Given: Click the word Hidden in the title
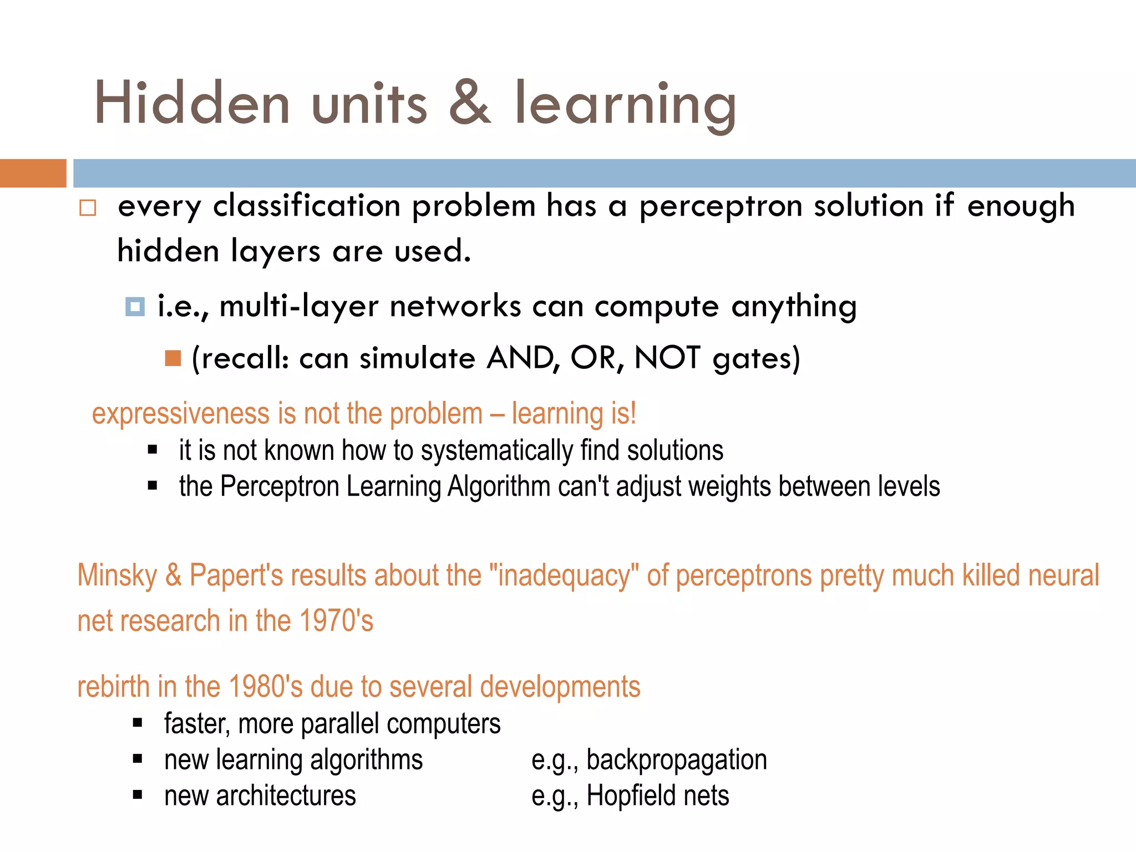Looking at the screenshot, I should [192, 103].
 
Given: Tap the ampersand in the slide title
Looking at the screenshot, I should [470, 103].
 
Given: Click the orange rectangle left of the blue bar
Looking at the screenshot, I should [33, 173].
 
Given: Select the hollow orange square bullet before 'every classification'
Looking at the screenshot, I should [88, 208].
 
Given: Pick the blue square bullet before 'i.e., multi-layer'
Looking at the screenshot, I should [135, 306].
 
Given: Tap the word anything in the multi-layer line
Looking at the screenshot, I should [794, 307].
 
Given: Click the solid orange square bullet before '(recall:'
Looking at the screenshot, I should [173, 358].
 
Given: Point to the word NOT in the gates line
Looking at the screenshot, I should [667, 358].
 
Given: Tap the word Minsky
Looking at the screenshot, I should [117, 575].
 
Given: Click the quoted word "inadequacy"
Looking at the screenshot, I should [564, 575].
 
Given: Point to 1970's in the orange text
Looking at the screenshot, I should [336, 621].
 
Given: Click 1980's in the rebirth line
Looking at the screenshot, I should [265, 687].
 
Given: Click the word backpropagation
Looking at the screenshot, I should [676, 760].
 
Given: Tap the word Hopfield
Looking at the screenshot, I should [631, 796].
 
